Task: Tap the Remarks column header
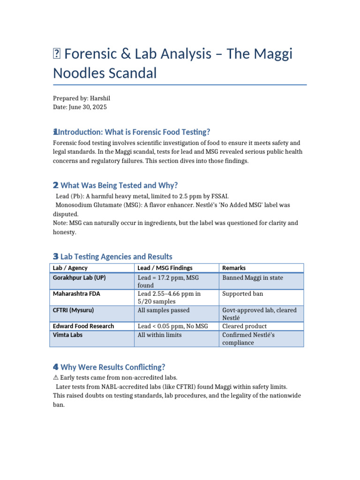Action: [x=233, y=268]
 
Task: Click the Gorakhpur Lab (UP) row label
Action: [x=79, y=277]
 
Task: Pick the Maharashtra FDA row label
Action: [x=76, y=294]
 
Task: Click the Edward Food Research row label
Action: [x=83, y=326]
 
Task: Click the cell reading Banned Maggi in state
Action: [x=253, y=277]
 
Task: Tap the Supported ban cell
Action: [x=242, y=294]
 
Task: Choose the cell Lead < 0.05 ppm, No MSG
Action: [x=172, y=326]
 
